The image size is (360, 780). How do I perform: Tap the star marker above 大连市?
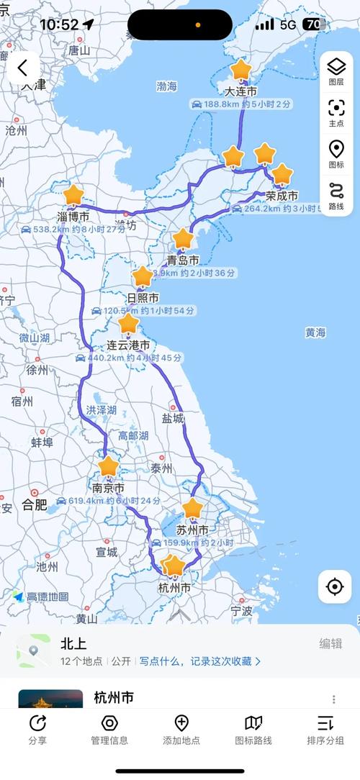point(240,71)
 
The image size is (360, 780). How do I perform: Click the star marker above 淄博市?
point(73,195)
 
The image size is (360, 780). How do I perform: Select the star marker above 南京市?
point(109,466)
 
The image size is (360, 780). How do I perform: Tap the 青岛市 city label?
point(183,260)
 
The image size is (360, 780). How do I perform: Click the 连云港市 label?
point(128,345)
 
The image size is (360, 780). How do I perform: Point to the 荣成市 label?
point(282,196)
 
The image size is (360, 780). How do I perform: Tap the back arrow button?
point(23,68)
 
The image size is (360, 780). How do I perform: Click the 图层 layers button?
point(336,71)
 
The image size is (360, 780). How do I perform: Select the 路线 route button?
point(336,195)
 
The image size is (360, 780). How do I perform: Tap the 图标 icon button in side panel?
point(336,154)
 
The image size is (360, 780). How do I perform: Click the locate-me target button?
point(335,586)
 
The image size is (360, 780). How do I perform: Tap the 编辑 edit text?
point(330,644)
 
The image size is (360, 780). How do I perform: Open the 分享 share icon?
point(37,728)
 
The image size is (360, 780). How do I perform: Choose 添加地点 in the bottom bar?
point(181,728)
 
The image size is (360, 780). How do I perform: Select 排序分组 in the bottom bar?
point(325,728)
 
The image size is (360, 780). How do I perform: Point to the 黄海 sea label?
point(315,333)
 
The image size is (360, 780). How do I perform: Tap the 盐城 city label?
point(173,418)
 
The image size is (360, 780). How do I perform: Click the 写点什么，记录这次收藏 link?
point(200,661)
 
